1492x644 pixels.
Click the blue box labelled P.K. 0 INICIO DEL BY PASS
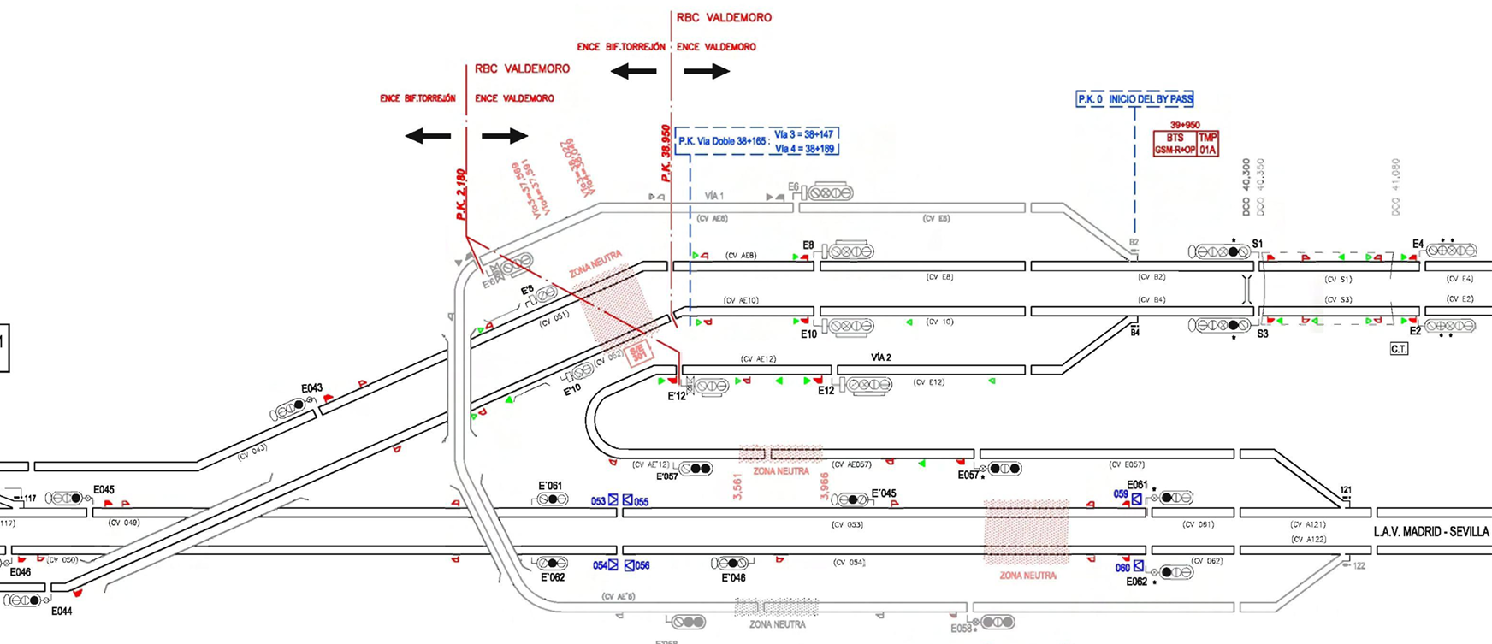click(x=1134, y=99)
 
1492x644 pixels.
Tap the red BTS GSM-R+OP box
click(x=1175, y=144)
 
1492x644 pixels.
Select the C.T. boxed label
click(x=1399, y=349)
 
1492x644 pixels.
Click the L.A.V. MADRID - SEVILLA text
click(x=1431, y=531)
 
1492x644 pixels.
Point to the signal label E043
click(x=311, y=388)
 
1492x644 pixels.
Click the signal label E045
click(x=104, y=490)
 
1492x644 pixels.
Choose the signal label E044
click(x=62, y=612)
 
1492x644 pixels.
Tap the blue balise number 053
click(x=599, y=501)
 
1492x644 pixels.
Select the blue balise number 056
click(x=642, y=565)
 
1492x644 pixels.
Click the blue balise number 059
click(x=1121, y=494)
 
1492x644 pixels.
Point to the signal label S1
click(x=1258, y=244)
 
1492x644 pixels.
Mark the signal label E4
click(x=1418, y=244)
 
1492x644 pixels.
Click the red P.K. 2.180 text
click(x=461, y=195)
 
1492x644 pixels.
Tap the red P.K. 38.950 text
click(x=666, y=154)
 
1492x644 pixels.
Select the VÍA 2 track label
click(x=881, y=357)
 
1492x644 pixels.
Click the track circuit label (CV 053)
click(x=847, y=524)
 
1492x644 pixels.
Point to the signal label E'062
click(x=553, y=577)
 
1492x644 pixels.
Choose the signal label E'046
click(x=733, y=577)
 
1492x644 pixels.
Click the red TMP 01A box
click(x=1207, y=144)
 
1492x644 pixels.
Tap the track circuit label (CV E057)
click(x=1127, y=464)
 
